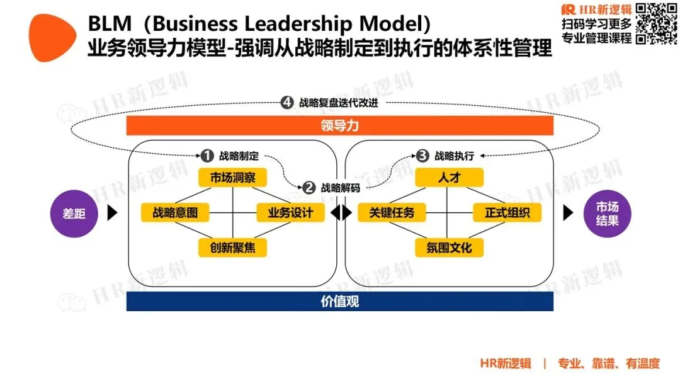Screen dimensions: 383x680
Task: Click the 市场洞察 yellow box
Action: (233, 178)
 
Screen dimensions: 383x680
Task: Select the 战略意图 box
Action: (175, 212)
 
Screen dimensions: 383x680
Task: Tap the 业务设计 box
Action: (291, 212)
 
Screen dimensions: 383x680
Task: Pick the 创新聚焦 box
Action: (233, 247)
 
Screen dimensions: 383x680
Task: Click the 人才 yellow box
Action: (449, 178)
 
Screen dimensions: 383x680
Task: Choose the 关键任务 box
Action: (392, 212)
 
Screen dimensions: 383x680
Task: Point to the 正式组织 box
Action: (507, 212)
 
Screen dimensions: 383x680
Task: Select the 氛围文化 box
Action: (449, 247)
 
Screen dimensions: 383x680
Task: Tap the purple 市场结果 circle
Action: (607, 213)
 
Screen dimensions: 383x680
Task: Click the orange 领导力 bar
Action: (339, 126)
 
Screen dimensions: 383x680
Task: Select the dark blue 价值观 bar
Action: (339, 301)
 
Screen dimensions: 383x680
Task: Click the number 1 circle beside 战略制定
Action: (207, 156)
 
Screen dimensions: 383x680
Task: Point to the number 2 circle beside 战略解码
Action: (309, 187)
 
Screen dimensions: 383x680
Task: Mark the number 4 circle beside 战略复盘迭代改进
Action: (287, 103)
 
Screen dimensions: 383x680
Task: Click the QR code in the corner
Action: (656, 23)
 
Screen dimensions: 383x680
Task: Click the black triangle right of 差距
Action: (112, 213)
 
